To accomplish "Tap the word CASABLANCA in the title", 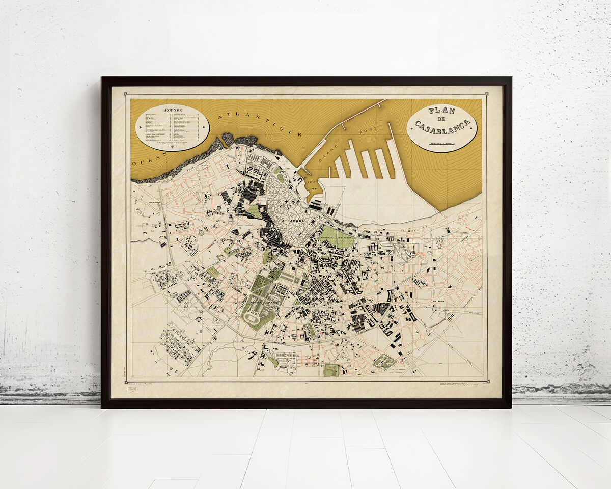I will coord(442,126).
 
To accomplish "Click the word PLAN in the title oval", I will coord(441,110).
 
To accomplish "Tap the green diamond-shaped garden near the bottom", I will coord(384,362).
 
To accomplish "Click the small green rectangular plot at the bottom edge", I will coord(331,370).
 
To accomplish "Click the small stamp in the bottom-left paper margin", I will coord(132,390).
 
